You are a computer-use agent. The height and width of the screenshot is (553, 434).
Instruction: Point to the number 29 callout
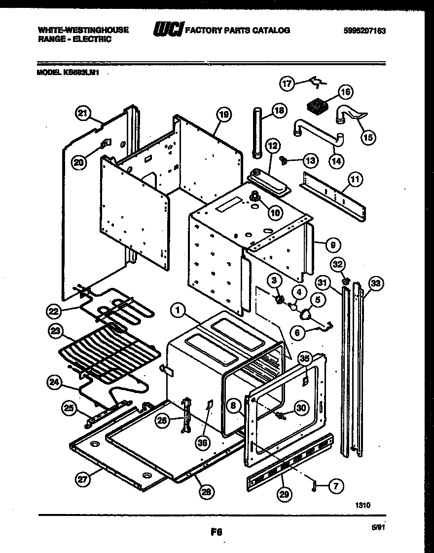tap(283, 492)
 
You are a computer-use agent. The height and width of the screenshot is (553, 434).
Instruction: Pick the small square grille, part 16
tap(316, 107)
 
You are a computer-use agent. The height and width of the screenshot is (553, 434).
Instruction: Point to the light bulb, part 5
tap(307, 314)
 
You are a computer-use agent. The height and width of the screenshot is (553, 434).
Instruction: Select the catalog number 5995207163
tap(364, 30)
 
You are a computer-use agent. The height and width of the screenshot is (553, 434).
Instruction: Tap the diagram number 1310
tap(362, 505)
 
